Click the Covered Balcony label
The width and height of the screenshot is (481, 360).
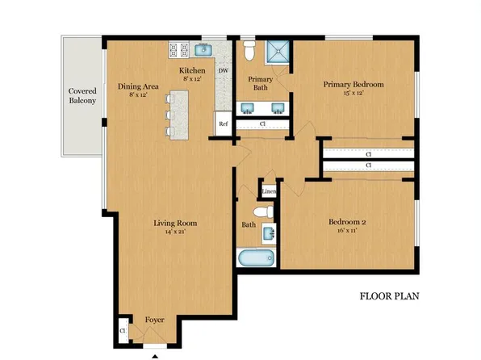point(82,96)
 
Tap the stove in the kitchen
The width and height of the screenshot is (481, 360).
point(178,51)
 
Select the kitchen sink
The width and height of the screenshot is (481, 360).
point(204,50)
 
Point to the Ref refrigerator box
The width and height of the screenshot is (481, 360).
point(222,124)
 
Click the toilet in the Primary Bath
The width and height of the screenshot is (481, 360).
point(249,53)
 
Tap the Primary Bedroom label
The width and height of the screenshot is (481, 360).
point(353,84)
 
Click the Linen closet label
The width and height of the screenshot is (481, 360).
point(270,191)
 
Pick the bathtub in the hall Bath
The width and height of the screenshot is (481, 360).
point(257,259)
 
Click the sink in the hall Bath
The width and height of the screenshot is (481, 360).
point(270,233)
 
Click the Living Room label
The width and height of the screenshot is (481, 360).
point(175,224)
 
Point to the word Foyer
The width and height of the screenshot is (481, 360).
point(154,320)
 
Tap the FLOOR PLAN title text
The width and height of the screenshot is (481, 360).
point(388,296)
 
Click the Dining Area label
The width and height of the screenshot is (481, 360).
point(139,86)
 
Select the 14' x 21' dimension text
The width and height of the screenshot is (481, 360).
point(175,233)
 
